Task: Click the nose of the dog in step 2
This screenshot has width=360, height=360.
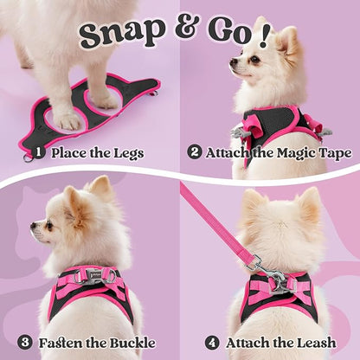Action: coord(232,63)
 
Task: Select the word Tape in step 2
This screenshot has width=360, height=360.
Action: coord(334,154)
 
